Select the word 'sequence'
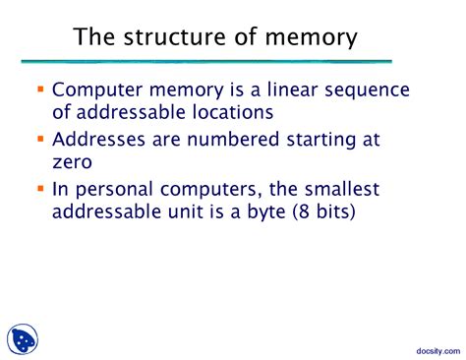372,91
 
